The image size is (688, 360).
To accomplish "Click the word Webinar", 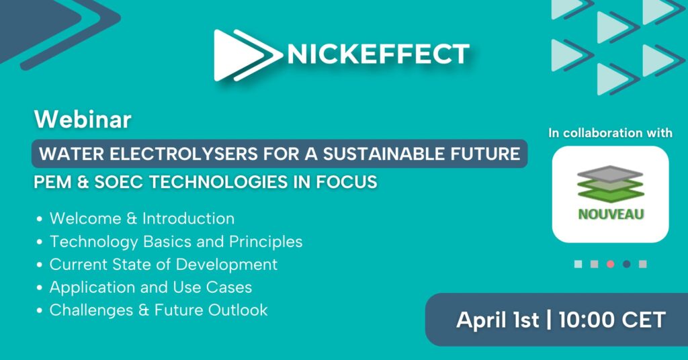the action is coord(83,120).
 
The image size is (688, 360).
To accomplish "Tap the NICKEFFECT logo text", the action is coord(378,54).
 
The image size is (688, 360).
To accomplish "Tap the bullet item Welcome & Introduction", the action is coord(142,218).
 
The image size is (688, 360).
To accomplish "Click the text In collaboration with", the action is coord(610,133).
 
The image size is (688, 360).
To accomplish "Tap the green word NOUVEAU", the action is coord(611,214).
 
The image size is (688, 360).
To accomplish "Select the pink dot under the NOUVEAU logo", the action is coord(610,264).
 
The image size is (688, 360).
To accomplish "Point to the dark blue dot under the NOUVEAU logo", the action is coord(627,264).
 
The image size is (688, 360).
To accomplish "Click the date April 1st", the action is coord(498,320).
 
